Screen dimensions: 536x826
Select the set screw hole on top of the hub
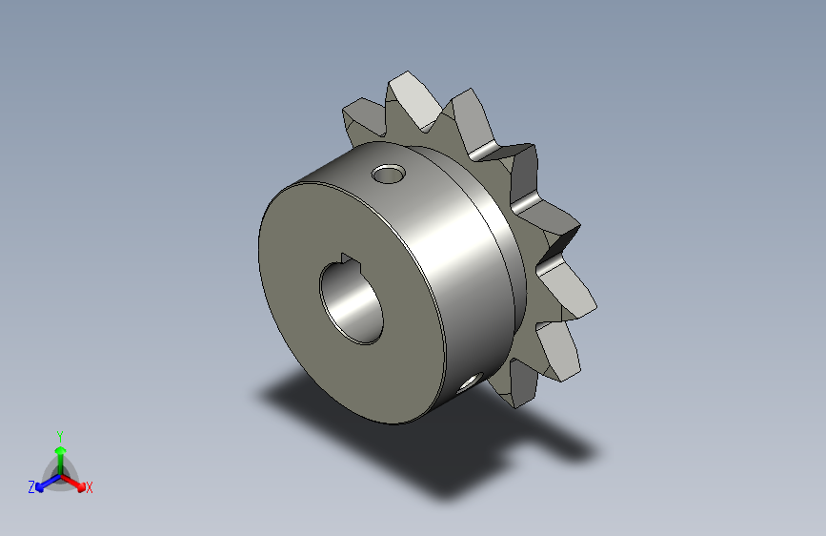coord(388,175)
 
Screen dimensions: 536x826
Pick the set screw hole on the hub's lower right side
coord(470,383)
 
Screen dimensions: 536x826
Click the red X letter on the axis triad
coord(90,488)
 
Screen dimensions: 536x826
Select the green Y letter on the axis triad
coord(60,434)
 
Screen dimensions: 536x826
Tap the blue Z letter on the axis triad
coord(31,486)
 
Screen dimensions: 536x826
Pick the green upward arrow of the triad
coord(60,453)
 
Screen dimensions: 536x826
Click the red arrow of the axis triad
coord(76,483)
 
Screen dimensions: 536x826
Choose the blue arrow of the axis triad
coord(43,484)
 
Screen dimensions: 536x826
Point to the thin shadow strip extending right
coord(562,444)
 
